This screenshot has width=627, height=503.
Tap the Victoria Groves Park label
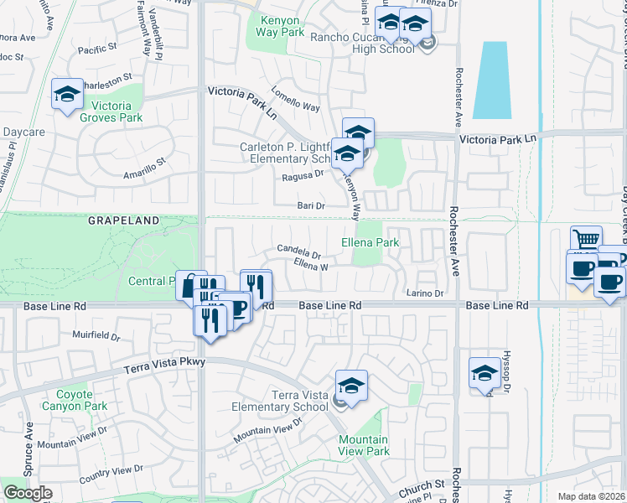pos(111,111)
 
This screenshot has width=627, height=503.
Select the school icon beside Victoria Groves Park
pos(67,96)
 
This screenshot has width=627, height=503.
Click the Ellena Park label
pos(370,242)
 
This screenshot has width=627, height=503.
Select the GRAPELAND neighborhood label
pos(124,220)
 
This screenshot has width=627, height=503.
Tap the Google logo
pos(28,493)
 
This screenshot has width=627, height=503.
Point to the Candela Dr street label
pos(299,250)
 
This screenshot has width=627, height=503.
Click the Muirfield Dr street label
pos(97,335)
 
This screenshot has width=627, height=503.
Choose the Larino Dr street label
pos(425,293)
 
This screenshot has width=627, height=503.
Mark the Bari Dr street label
pos(310,205)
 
